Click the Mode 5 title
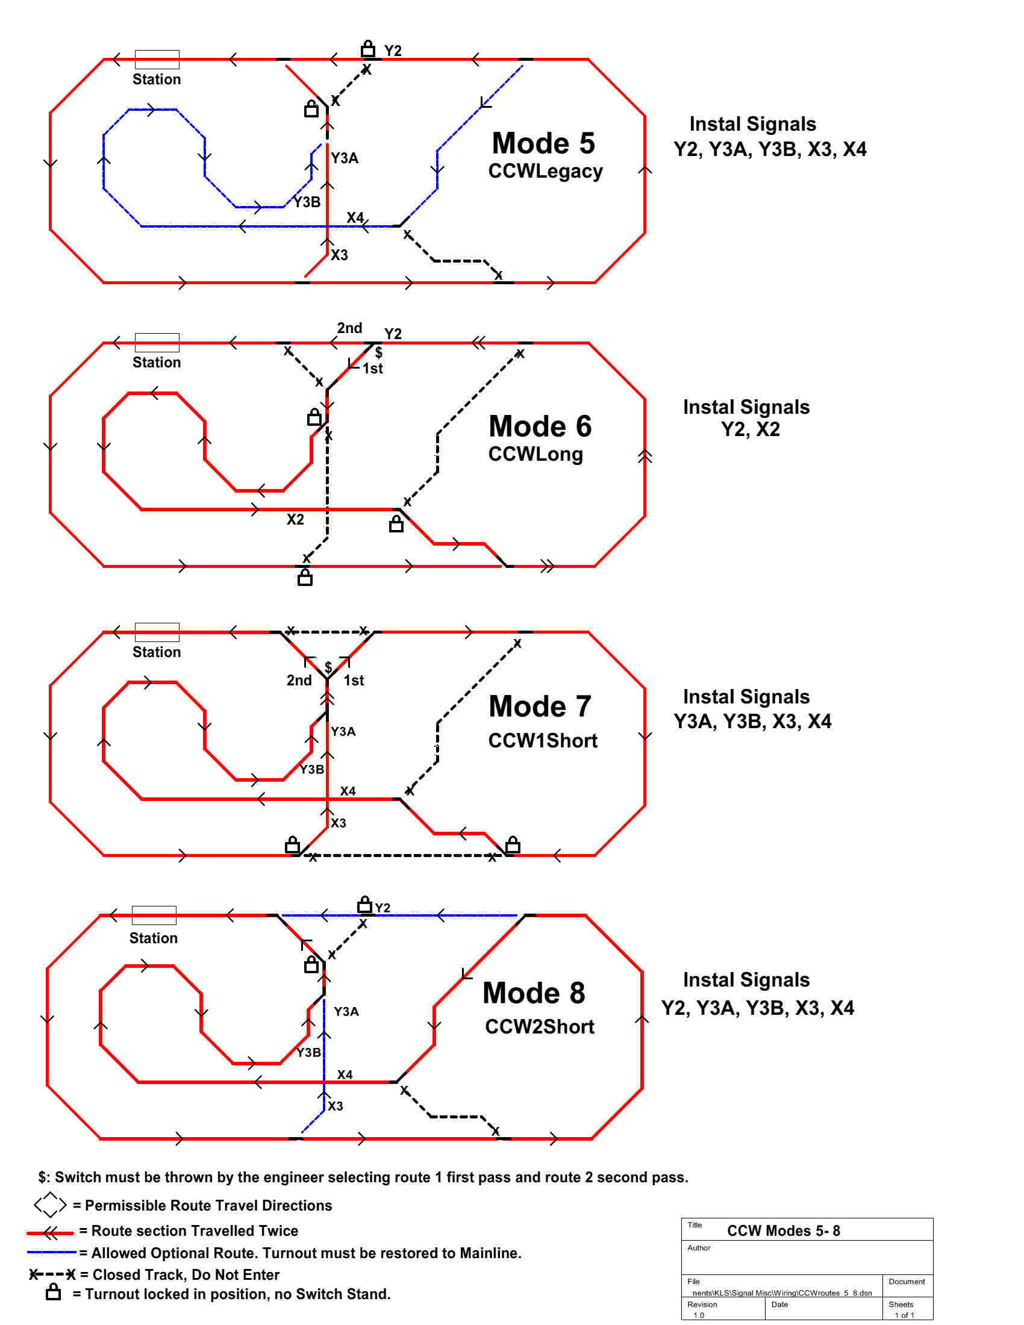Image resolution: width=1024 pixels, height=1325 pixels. tap(543, 144)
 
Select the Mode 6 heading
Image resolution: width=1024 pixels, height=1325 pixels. tap(540, 426)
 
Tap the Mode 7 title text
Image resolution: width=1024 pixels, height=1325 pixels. tap(540, 707)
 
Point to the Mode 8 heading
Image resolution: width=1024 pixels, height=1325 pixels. tap(534, 993)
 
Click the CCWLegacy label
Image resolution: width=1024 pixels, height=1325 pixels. tap(545, 172)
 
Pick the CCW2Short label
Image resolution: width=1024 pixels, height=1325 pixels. tap(539, 1027)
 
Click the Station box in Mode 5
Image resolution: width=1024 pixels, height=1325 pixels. tap(157, 60)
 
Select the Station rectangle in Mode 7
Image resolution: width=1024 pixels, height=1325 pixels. tap(157, 632)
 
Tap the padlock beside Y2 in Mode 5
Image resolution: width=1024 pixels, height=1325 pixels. tap(367, 48)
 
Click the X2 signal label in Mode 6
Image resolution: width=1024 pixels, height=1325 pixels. tap(295, 520)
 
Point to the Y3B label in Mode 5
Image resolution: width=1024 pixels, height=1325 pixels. tap(307, 202)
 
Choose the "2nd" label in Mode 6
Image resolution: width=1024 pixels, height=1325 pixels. tap(349, 328)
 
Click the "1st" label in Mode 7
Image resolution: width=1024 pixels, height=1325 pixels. tap(354, 681)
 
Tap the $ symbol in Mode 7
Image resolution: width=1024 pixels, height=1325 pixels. tap(328, 667)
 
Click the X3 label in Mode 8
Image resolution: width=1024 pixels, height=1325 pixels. tap(336, 1106)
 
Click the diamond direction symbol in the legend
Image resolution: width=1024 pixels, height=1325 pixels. tap(51, 1205)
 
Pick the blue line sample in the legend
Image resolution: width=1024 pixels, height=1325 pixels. tap(52, 1252)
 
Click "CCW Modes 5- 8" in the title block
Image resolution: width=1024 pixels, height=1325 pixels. tap(783, 1230)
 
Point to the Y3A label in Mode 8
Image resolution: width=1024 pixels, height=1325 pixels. tap(346, 1011)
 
